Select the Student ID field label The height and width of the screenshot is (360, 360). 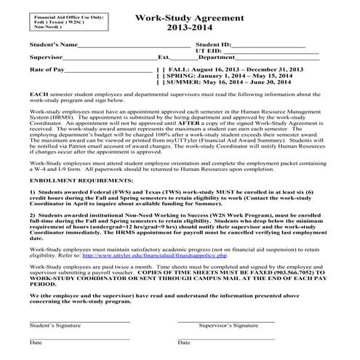(x=213, y=45)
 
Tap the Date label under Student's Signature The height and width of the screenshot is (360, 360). (x=36, y=342)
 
